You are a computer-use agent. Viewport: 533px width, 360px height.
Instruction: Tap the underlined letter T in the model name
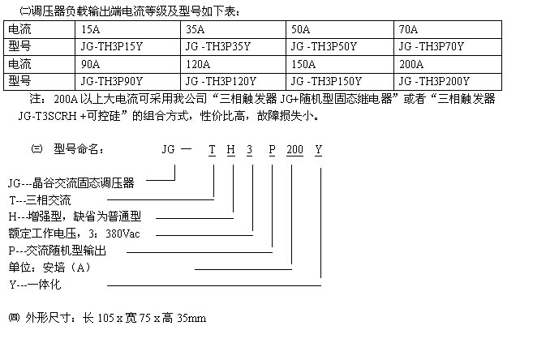(212, 150)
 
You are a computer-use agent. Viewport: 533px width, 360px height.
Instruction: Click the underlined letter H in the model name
(231, 150)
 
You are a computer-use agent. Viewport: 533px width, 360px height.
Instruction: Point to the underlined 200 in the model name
(294, 150)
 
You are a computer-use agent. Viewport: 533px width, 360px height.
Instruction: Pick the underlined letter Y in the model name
(318, 150)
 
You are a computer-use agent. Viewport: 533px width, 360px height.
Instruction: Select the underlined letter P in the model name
(272, 150)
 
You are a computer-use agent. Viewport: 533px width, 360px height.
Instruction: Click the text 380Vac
(123, 234)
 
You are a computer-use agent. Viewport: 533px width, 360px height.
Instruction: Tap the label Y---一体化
(35, 285)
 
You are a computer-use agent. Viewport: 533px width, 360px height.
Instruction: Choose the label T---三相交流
(40, 200)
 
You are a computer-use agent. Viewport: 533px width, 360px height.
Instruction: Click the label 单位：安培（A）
(49, 268)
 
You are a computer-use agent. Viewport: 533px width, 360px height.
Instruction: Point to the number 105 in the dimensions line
(105, 318)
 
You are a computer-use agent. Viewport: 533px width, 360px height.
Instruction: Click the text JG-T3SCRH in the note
(48, 116)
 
